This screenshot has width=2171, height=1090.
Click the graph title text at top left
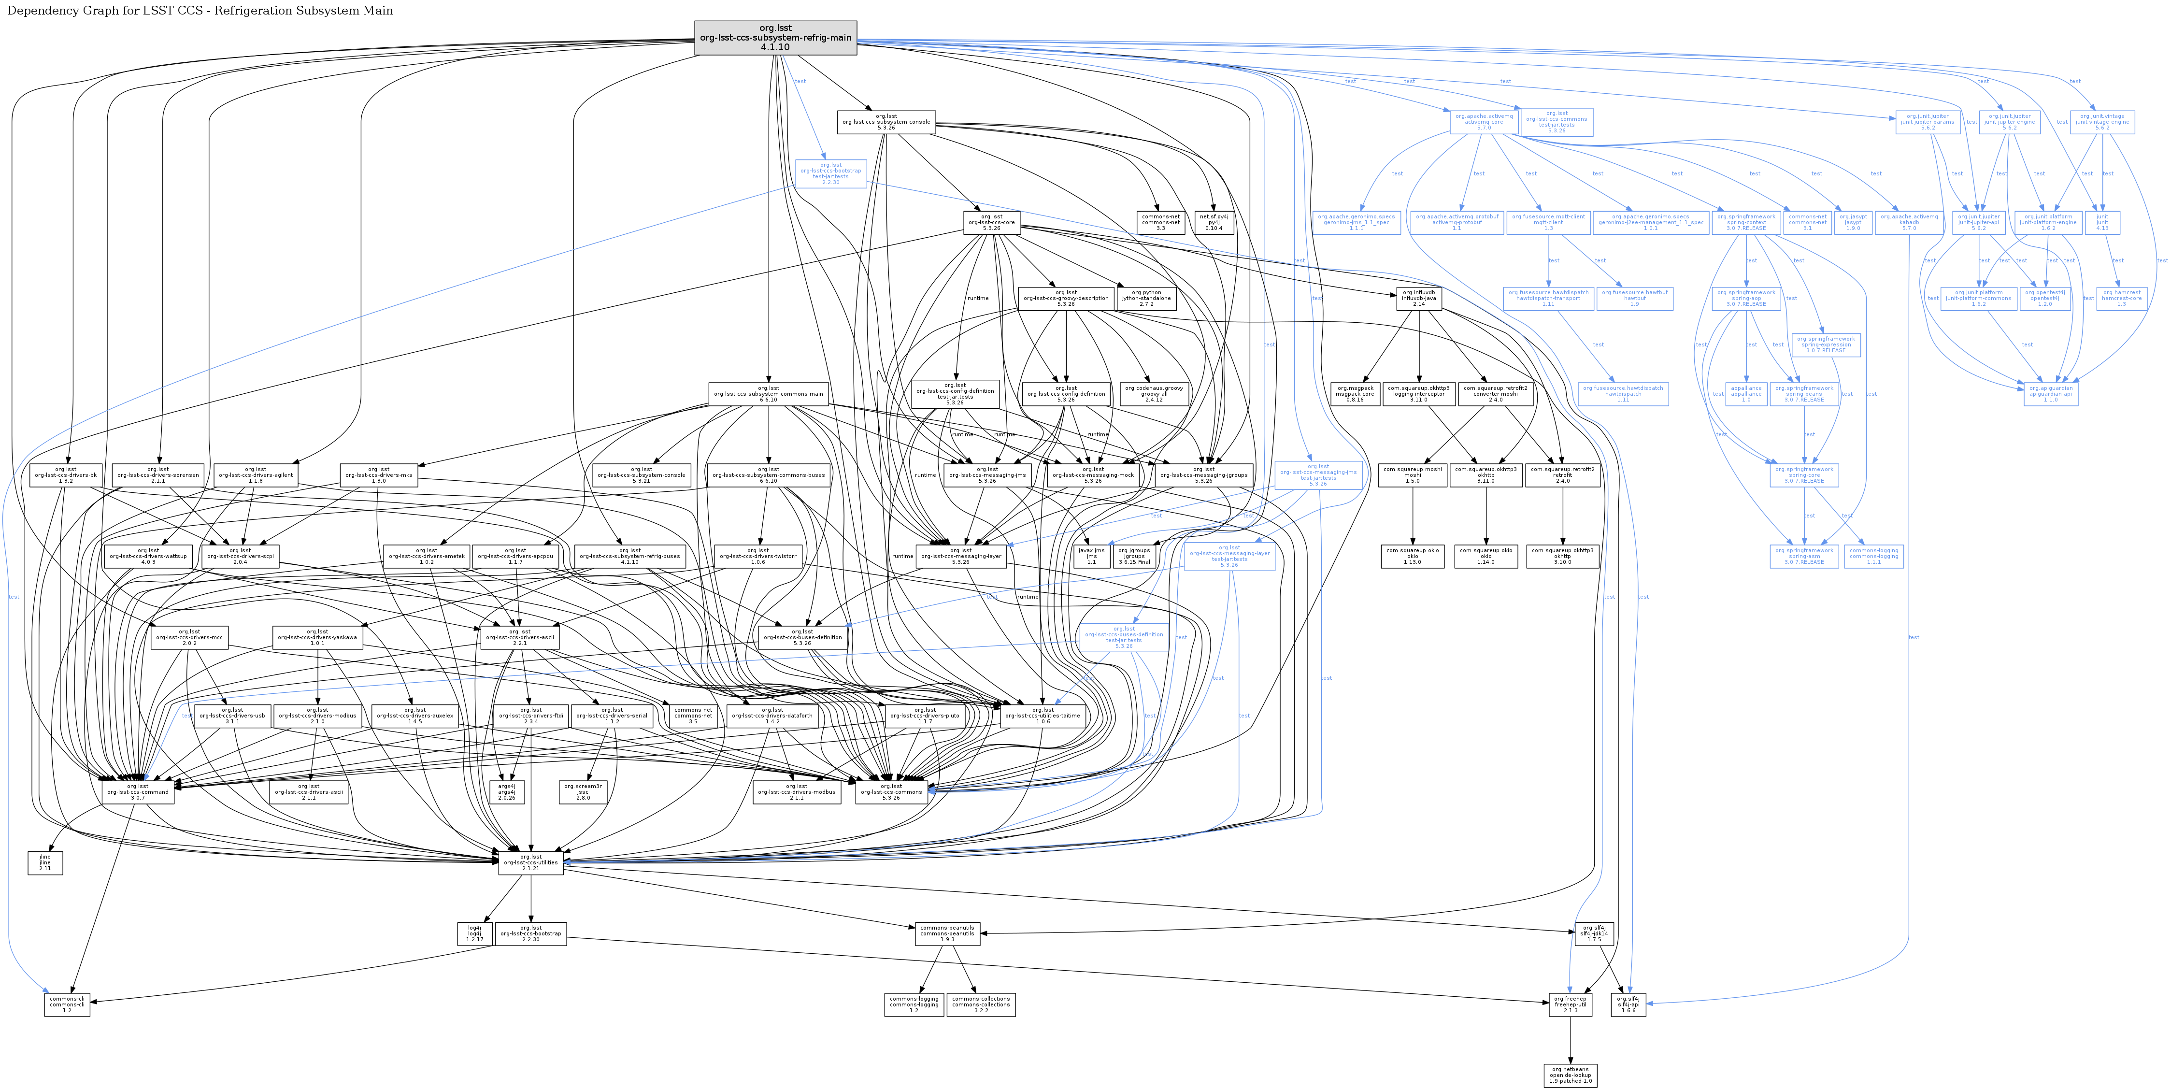click(x=200, y=11)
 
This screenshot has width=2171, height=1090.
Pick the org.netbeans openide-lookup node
click(x=1570, y=1075)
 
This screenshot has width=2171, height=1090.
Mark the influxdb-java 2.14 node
click(x=1418, y=299)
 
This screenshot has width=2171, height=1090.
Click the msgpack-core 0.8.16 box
click(x=1355, y=394)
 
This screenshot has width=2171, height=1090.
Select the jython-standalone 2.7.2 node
click(x=1146, y=299)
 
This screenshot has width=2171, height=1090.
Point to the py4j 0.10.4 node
click(x=1214, y=223)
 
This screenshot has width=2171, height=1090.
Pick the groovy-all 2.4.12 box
click(x=1154, y=394)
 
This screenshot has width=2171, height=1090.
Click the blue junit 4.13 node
click(x=2102, y=223)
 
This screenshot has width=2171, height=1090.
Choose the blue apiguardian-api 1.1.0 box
click(x=2051, y=394)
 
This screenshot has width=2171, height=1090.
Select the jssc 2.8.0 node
click(x=583, y=791)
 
